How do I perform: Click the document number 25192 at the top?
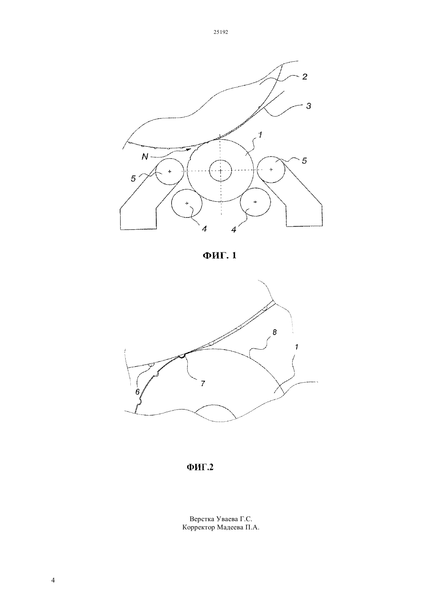(221, 32)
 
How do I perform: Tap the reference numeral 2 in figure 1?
(305, 76)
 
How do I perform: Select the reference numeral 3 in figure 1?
(308, 106)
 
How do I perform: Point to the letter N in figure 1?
(145, 157)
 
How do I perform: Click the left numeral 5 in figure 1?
(133, 179)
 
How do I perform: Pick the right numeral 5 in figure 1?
(304, 160)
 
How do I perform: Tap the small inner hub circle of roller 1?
(220, 170)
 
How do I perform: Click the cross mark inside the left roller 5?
(170, 171)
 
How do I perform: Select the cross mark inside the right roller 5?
(271, 170)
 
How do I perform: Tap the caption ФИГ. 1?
(220, 255)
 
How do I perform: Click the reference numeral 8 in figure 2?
(275, 332)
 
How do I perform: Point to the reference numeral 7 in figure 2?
(203, 383)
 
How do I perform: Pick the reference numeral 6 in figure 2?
(138, 392)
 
